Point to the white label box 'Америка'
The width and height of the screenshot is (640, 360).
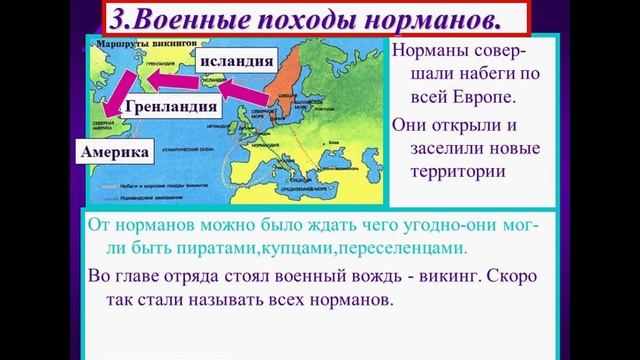[x=116, y=152]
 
